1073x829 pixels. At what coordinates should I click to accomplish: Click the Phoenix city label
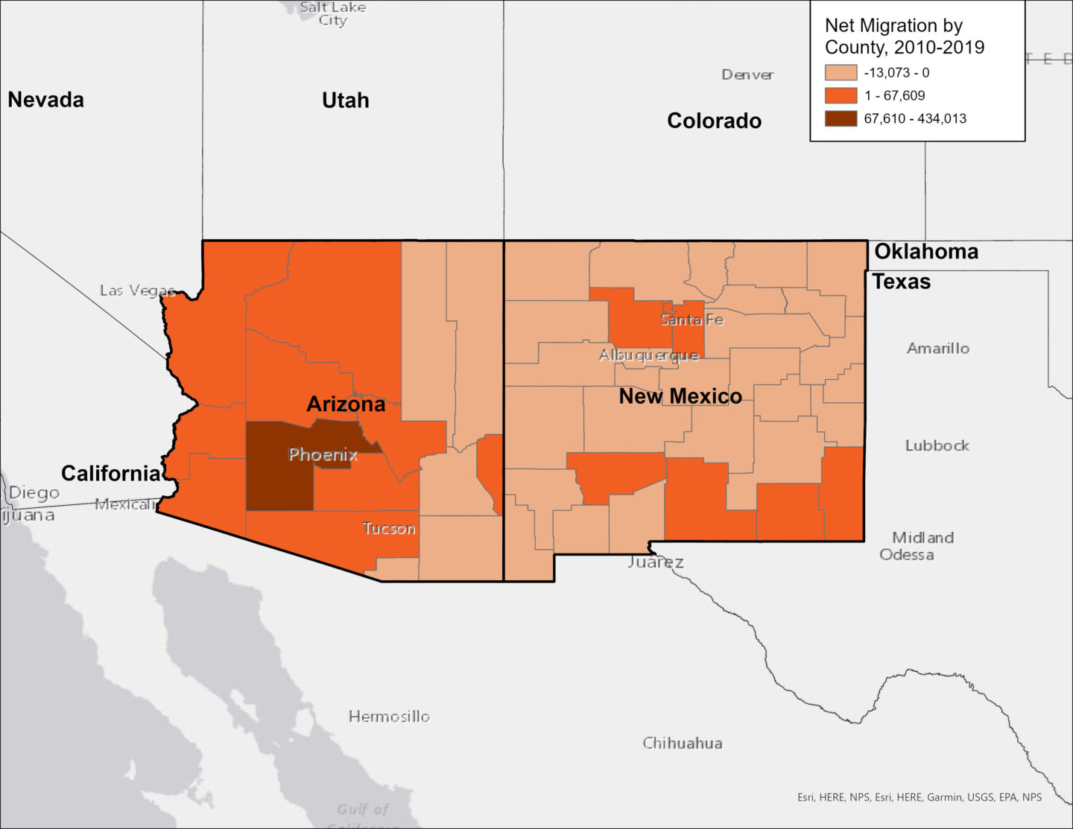[x=323, y=454]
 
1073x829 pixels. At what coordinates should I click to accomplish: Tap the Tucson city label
[x=389, y=529]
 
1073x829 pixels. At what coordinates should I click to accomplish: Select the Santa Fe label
[x=691, y=320]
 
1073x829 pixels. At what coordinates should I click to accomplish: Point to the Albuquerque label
[x=649, y=355]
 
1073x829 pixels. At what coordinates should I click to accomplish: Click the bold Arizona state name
[x=346, y=404]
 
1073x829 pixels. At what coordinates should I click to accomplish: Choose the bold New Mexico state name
[x=680, y=396]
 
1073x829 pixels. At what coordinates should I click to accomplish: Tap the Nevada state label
[x=45, y=100]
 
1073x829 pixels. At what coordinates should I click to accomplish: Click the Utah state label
[x=345, y=101]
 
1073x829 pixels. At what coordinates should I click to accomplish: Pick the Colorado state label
[x=714, y=121]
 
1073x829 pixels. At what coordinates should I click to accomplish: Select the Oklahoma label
[x=926, y=252]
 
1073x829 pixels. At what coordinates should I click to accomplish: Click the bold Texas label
[x=902, y=282]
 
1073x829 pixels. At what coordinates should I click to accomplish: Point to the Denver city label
[x=747, y=74]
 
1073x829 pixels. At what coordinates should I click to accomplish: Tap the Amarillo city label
[x=938, y=348]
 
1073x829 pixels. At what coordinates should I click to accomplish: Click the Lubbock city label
[x=937, y=445]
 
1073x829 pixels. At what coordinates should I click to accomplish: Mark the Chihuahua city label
[x=683, y=743]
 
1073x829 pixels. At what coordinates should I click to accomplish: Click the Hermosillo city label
[x=389, y=717]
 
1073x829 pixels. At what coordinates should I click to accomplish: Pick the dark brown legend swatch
[x=841, y=118]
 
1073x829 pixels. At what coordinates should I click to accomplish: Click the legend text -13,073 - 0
[x=896, y=73]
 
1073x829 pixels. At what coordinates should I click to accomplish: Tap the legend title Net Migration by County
[x=904, y=36]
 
